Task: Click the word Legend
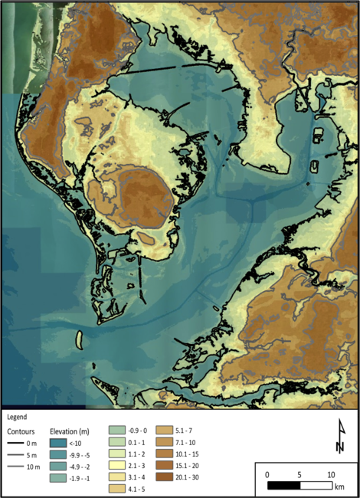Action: [17, 418]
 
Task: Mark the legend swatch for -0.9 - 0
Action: [116, 431]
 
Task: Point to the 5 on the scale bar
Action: [299, 475]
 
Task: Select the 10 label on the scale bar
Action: [331, 475]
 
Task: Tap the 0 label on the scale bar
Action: [267, 475]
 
